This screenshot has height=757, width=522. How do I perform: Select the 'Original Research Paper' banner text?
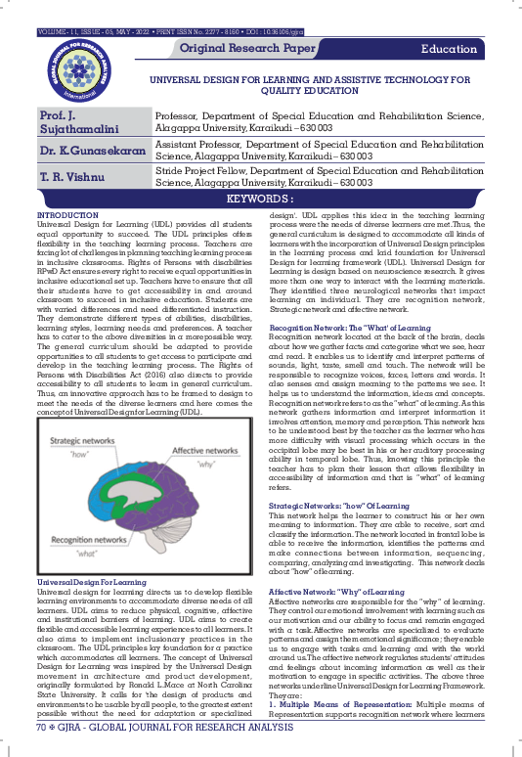coord(248,48)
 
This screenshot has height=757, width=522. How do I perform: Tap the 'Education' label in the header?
coord(449,49)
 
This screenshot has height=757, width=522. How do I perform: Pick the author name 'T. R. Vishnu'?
coord(71,178)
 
